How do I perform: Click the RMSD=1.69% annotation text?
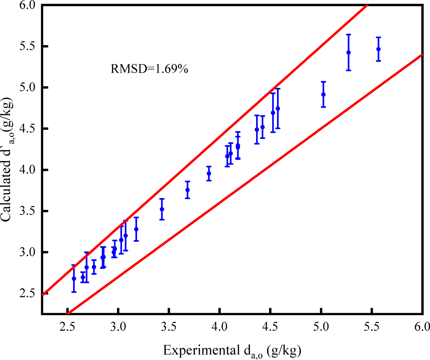[149, 69]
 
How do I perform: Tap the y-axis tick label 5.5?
[27, 47]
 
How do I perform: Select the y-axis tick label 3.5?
[27, 211]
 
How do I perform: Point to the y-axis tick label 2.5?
[27, 294]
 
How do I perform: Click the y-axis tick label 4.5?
[27, 129]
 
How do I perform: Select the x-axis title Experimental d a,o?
[232, 351]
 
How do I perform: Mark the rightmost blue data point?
[378, 49]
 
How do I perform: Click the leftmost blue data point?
[74, 279]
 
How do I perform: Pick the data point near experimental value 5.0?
[323, 94]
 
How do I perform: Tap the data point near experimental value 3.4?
[162, 209]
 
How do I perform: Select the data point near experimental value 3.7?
[187, 190]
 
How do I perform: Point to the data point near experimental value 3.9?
[209, 174]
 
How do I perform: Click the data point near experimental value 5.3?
[348, 52]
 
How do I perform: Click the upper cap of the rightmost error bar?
[378, 37]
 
